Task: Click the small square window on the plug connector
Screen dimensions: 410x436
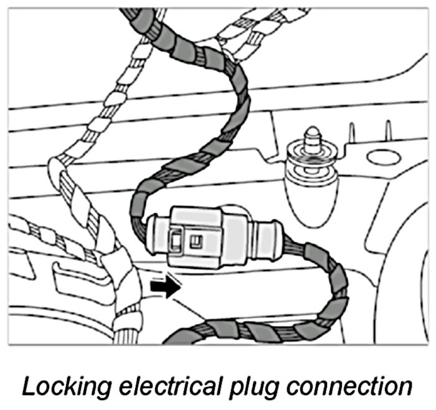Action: [x=199, y=238]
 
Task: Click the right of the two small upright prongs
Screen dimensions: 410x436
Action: [x=387, y=131]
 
